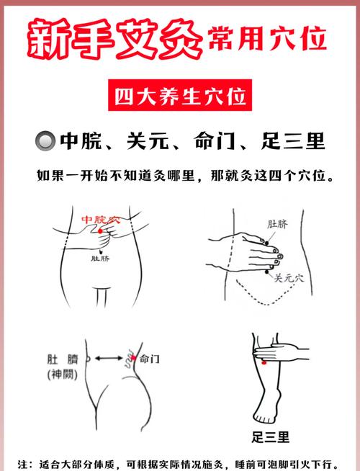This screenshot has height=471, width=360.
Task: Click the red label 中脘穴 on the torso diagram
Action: tap(102, 219)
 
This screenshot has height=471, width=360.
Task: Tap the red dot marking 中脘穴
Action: tap(100, 230)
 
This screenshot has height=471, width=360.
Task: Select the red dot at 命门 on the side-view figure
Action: tap(132, 356)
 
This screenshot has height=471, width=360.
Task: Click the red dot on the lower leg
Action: tap(264, 362)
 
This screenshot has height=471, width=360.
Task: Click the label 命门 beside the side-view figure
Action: tap(150, 357)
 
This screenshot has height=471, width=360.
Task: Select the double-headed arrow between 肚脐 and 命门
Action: tap(109, 356)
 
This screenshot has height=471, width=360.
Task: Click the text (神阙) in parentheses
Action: tap(67, 374)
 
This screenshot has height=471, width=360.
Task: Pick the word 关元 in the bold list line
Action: tap(143, 140)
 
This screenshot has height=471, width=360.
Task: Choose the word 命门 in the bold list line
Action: tap(213, 140)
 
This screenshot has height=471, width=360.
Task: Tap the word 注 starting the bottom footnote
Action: tap(22, 462)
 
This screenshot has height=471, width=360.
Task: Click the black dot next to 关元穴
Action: tap(268, 269)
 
